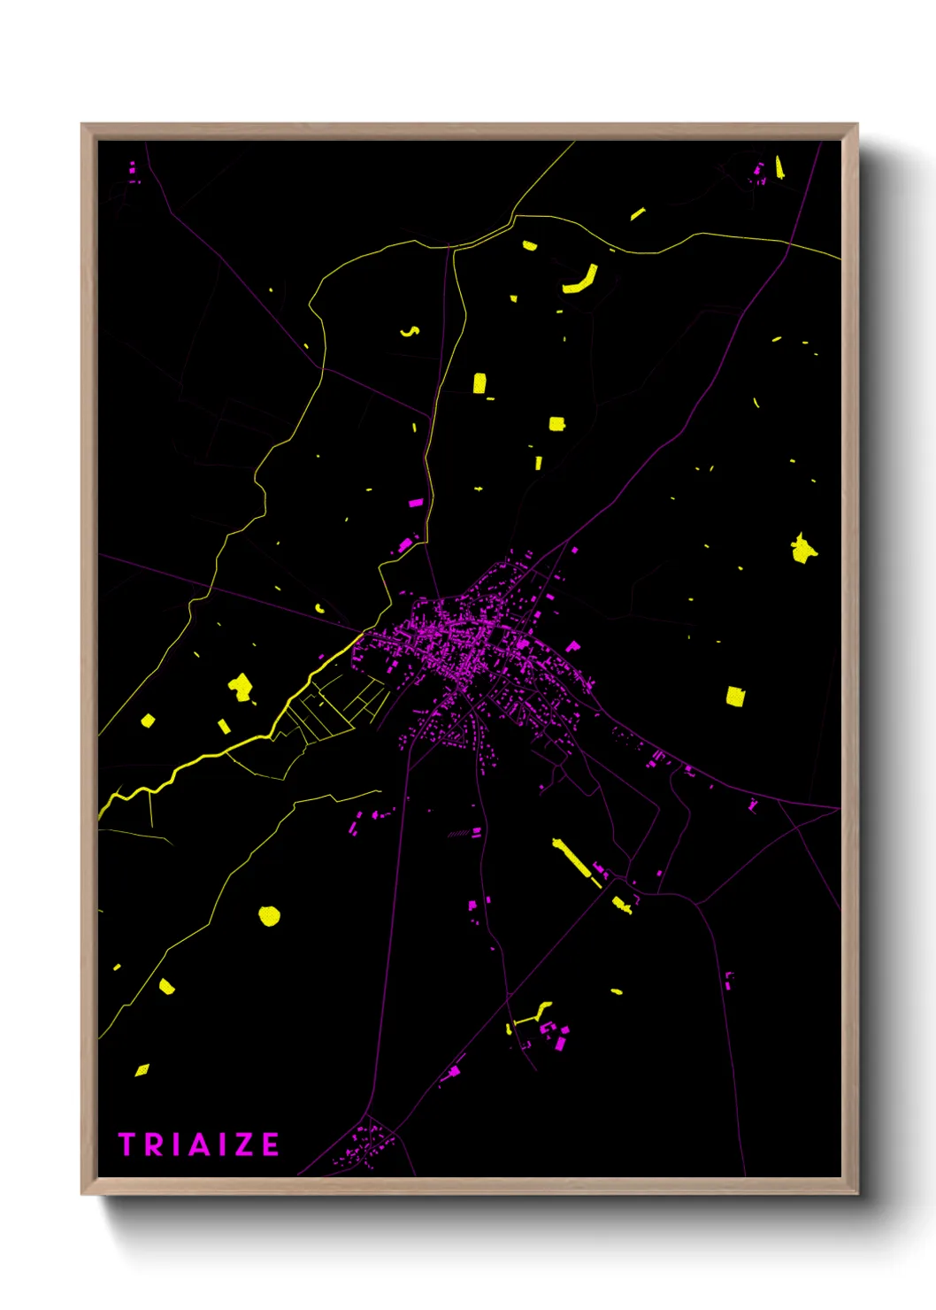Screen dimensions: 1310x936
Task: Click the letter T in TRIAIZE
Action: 127,1144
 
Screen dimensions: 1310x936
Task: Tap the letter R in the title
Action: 154,1144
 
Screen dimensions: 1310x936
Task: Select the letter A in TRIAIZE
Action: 199,1144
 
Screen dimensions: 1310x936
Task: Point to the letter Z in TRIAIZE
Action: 244,1144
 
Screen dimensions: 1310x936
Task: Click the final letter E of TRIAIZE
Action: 270,1144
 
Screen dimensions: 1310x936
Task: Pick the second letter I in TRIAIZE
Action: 222,1144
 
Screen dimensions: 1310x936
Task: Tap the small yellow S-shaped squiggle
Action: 410,332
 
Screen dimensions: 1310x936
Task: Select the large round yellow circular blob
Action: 269,915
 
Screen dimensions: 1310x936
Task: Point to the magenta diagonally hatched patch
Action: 459,833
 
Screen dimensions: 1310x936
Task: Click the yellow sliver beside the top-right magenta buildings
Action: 779,166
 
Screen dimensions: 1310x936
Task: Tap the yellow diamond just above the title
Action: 142,1070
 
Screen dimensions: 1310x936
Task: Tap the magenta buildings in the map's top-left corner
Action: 134,172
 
